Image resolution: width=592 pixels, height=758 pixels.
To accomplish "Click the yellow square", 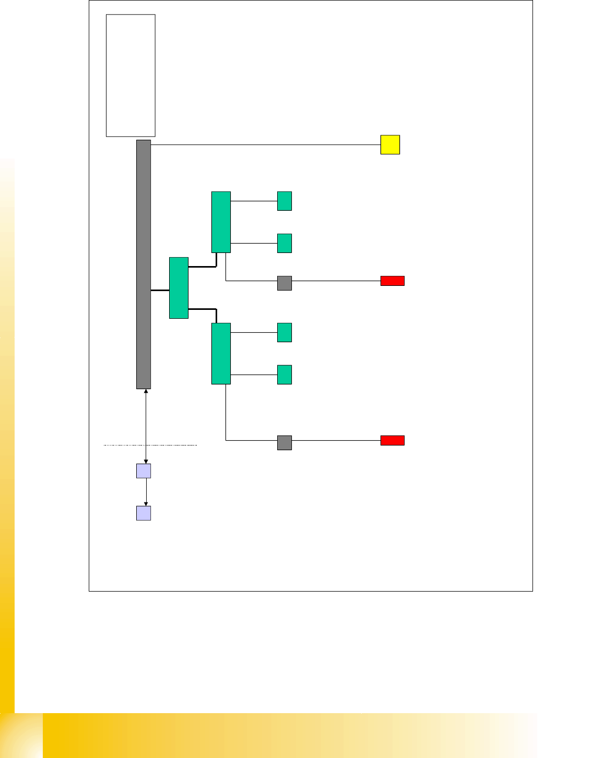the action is pos(390,145).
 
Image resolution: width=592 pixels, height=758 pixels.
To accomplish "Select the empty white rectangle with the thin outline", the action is pos(131,76).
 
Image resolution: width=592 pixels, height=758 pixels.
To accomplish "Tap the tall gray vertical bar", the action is pos(144,264).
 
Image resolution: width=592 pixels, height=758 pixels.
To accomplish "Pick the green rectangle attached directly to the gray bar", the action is pos(179,287).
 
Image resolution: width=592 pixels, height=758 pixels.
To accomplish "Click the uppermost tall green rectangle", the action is pos(221,222).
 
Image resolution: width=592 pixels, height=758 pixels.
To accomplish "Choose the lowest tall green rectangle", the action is pos(221,353).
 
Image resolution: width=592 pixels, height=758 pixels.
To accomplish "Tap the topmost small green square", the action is pos(284,201).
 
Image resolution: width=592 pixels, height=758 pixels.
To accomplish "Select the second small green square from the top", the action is pos(284,243).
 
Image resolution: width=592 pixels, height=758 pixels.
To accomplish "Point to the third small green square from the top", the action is pos(284,332).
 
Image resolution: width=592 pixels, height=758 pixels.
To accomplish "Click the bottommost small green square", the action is pos(284,375).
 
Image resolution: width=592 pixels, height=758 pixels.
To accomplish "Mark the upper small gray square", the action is pos(284,283).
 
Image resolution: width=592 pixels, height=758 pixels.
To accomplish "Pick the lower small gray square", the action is pos(284,442).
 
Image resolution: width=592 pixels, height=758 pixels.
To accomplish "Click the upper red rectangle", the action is pos(392,281).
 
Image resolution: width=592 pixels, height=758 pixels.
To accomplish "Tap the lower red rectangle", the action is pos(392,440).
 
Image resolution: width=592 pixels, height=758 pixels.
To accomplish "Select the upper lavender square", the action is pos(144,471).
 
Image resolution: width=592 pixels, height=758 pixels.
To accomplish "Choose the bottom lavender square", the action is pos(144,513).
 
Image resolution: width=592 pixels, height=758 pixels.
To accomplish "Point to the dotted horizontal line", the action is pos(172,445).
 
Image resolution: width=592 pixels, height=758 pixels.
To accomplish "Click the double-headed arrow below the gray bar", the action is pos(146,417).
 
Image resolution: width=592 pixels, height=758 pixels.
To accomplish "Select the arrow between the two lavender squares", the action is pos(146,492).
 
